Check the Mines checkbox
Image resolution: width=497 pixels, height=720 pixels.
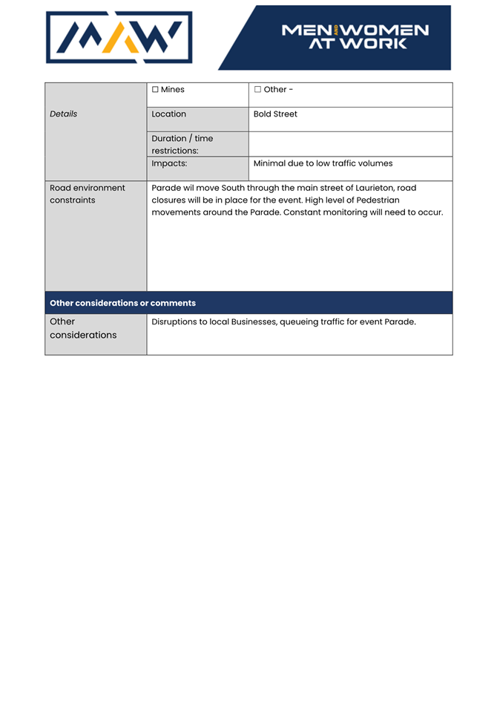pyautogui.click(x=155, y=90)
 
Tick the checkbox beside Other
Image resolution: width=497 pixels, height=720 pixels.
pyautogui.click(x=257, y=90)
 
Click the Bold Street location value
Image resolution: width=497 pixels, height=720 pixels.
pyautogui.click(x=275, y=114)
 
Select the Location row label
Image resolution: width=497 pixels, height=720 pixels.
pyautogui.click(x=168, y=114)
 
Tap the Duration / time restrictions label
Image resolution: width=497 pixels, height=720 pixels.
pyautogui.click(x=182, y=144)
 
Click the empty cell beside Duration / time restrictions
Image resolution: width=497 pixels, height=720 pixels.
pyautogui.click(x=350, y=144)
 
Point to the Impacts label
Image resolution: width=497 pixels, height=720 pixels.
pyautogui.click(x=169, y=163)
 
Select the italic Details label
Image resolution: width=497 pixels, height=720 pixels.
pyautogui.click(x=63, y=114)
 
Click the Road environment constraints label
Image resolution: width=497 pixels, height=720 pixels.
pyautogui.click(x=87, y=194)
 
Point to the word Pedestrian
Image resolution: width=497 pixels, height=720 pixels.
pyautogui.click(x=378, y=200)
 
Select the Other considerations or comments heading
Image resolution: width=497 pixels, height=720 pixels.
pyautogui.click(x=122, y=303)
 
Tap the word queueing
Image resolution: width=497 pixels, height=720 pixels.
pyautogui.click(x=302, y=322)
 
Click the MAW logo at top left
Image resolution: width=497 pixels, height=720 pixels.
pyautogui.click(x=119, y=37)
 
